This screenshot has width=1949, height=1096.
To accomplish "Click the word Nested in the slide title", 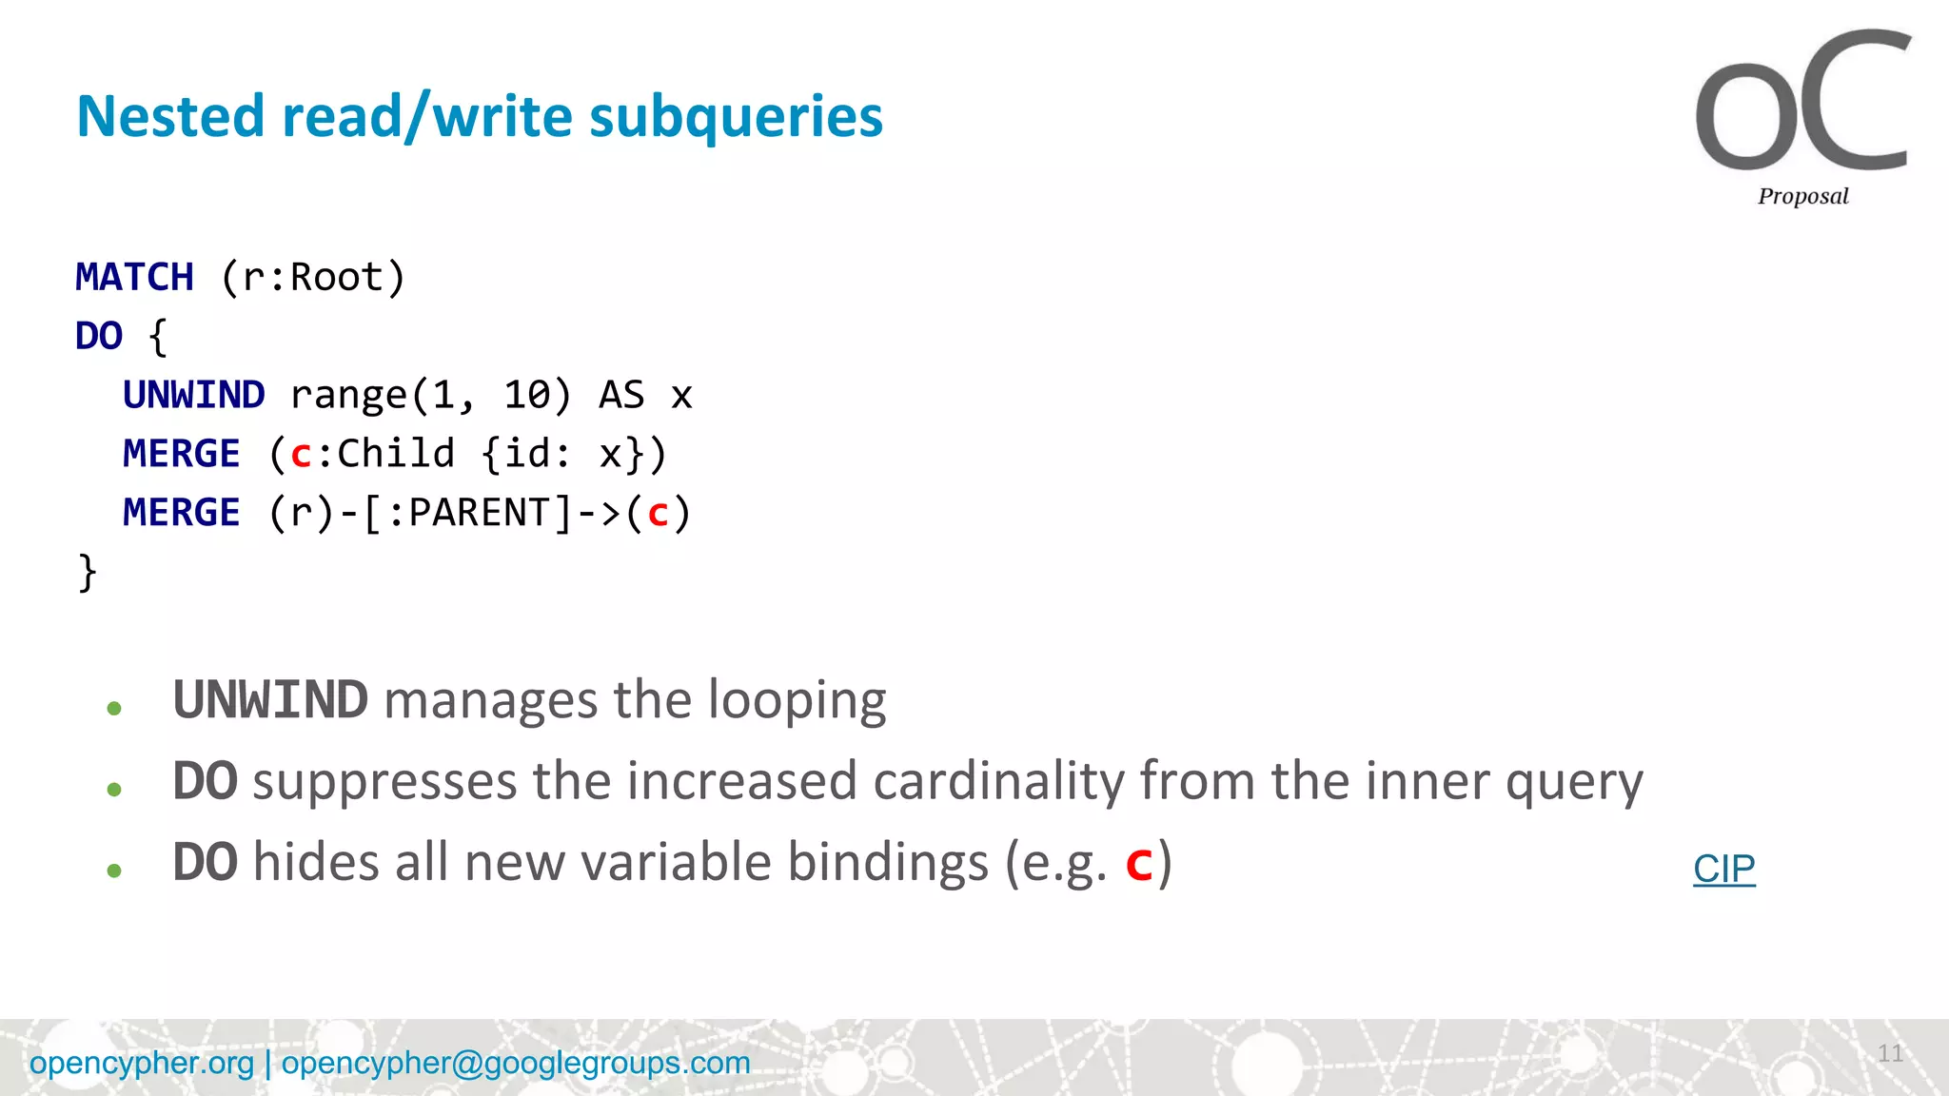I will [x=169, y=116].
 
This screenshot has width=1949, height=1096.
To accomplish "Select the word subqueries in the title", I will [x=736, y=116].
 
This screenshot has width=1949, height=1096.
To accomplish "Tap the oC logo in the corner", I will [x=1801, y=103].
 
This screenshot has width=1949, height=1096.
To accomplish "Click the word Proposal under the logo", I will [x=1802, y=196].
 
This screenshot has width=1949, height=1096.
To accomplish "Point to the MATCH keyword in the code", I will [x=134, y=278].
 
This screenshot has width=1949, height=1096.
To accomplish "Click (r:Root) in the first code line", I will [x=313, y=278].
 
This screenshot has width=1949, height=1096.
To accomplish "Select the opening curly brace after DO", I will [x=158, y=337].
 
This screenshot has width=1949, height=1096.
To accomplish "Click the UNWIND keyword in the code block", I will [x=193, y=395].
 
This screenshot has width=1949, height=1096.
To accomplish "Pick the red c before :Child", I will [x=301, y=455].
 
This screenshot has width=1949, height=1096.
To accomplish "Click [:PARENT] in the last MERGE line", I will [x=468, y=513].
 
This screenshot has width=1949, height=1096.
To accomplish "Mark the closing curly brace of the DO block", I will [x=87, y=573].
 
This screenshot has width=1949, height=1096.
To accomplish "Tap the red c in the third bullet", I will [x=1138, y=864].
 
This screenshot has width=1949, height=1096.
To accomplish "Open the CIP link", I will [x=1723, y=869].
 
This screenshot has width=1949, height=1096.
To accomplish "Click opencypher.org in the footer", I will [x=142, y=1063].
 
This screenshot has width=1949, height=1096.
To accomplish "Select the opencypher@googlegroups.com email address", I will [x=516, y=1063].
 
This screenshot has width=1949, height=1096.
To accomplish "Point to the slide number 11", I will [x=1890, y=1053].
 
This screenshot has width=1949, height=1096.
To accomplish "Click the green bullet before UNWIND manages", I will [x=114, y=708].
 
